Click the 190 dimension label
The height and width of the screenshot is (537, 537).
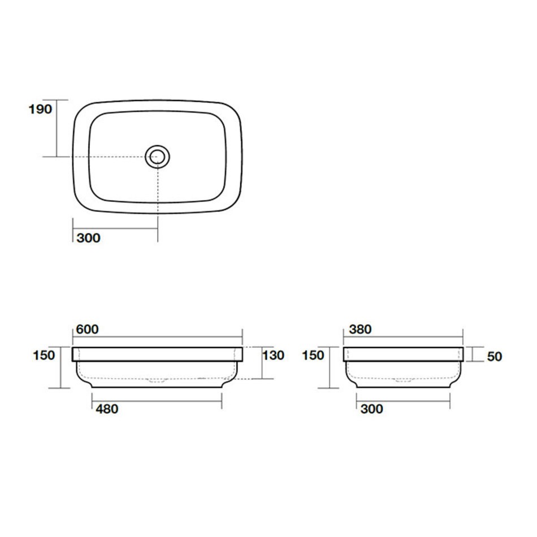click(40, 109)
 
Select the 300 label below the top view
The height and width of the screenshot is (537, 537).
click(88, 238)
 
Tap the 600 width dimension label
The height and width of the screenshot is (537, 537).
click(87, 330)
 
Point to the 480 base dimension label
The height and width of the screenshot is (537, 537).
click(107, 409)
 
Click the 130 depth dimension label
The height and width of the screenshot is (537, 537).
click(273, 355)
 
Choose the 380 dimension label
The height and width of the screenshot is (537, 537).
click(360, 330)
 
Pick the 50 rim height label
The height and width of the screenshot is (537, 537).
click(495, 357)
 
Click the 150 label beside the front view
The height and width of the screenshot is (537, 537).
click(44, 355)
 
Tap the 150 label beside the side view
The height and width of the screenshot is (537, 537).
click(313, 355)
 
